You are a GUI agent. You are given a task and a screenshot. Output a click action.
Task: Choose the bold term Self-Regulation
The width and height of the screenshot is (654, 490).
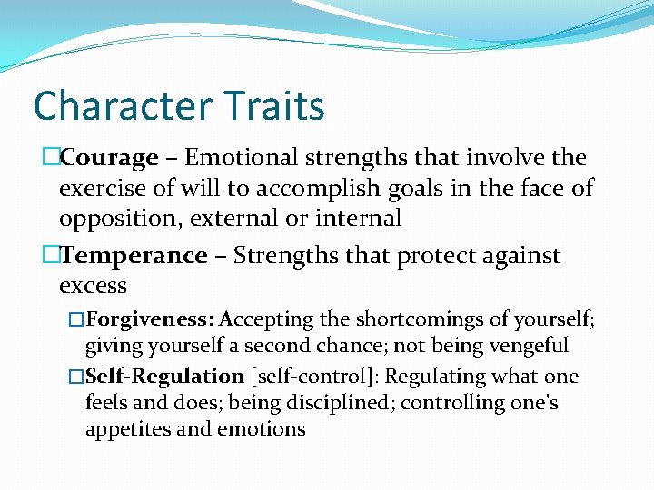(165, 377)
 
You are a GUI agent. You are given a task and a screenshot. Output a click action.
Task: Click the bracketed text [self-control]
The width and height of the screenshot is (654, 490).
(310, 377)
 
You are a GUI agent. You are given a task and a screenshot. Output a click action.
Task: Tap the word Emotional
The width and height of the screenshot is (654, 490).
(239, 158)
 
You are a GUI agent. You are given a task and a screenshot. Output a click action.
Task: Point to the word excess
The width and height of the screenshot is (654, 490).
(93, 286)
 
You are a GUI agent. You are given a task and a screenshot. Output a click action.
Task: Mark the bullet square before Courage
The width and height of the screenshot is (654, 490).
(50, 158)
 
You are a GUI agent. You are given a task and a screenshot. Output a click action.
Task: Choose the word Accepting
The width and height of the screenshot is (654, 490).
(265, 319)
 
